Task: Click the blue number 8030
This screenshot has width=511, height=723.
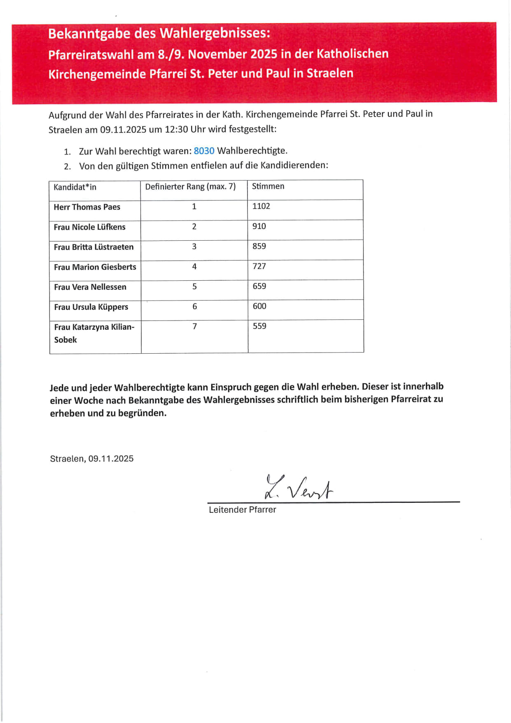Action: click(204, 151)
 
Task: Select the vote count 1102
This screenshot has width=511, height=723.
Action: click(261, 206)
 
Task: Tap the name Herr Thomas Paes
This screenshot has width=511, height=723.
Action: click(87, 207)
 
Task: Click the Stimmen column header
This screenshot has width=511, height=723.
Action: click(268, 186)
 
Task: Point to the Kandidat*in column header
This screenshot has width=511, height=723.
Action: click(75, 187)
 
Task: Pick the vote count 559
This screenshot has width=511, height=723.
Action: click(259, 326)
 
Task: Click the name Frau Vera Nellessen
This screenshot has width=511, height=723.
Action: click(90, 287)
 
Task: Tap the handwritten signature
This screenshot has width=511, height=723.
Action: click(298, 488)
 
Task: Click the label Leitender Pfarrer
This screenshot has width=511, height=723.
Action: click(242, 510)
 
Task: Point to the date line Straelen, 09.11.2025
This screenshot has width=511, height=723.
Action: click(92, 459)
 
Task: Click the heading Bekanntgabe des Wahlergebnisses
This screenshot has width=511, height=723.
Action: click(159, 33)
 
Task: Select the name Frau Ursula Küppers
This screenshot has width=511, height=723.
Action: click(91, 307)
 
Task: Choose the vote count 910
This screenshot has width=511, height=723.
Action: click(259, 226)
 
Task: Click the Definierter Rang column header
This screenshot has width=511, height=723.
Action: click(190, 187)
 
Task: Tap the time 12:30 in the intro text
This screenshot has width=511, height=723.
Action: click(176, 129)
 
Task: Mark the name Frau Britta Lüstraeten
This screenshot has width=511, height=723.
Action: click(94, 247)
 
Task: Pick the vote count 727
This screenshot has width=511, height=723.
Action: click(259, 266)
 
